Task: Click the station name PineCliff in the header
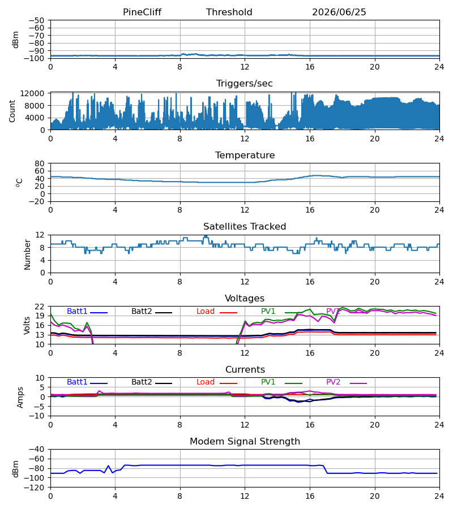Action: pyautogui.click(x=142, y=12)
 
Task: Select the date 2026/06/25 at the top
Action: pyautogui.click(x=339, y=12)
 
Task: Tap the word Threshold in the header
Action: pyautogui.click(x=229, y=12)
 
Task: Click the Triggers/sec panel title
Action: pyautogui.click(x=245, y=84)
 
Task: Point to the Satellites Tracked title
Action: pyautogui.click(x=245, y=227)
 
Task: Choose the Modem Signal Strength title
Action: pyautogui.click(x=245, y=442)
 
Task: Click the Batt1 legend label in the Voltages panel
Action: pyautogui.click(x=77, y=311)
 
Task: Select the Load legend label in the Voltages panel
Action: pyautogui.click(x=206, y=311)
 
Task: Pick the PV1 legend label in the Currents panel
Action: pyautogui.click(x=268, y=382)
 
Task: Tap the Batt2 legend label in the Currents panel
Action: pyautogui.click(x=142, y=382)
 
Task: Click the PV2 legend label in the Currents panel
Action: pyautogui.click(x=333, y=382)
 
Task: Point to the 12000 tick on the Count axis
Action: pyautogui.click(x=32, y=93)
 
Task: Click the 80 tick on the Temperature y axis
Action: pyautogui.click(x=40, y=163)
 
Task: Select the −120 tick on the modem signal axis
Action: pyautogui.click(x=36, y=488)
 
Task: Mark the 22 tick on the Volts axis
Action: pyautogui.click(x=40, y=307)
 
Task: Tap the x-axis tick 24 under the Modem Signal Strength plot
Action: pyautogui.click(x=439, y=496)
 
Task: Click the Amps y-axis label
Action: pyautogui.click(x=20, y=397)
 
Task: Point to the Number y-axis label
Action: pyautogui.click(x=27, y=255)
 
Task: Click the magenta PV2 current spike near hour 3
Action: pyautogui.click(x=99, y=391)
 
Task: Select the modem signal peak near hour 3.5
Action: pyautogui.click(x=109, y=466)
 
